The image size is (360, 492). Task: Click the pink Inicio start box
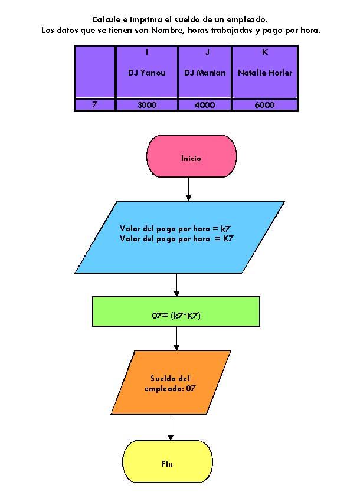[x=191, y=158]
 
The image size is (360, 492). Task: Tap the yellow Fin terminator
[x=167, y=464]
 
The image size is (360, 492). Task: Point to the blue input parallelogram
[x=179, y=237]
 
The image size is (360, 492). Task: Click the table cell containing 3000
[x=146, y=104]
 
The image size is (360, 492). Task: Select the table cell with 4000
[x=205, y=104]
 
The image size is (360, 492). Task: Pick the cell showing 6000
[x=265, y=104]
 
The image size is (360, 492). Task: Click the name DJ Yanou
[x=146, y=73]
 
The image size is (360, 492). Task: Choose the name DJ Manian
[x=205, y=73]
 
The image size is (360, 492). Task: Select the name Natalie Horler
[x=265, y=73]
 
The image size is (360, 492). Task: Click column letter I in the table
[x=147, y=53]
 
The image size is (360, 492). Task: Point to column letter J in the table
[x=207, y=53]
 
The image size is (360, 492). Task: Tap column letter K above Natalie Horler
[x=265, y=53]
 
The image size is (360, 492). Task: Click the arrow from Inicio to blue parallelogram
[x=188, y=189]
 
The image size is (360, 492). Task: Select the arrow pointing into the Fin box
[x=171, y=428]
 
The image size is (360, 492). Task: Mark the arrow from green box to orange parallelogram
[x=176, y=339]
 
